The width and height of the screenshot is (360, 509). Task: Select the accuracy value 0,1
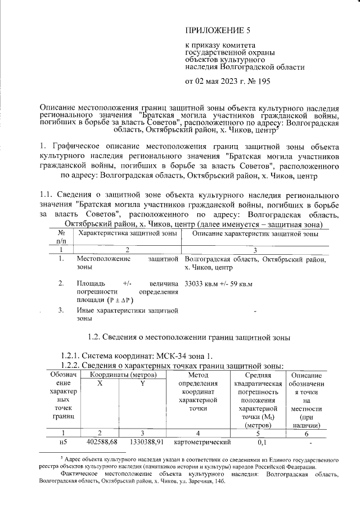[262, 442]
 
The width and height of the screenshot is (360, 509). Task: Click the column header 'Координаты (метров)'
[122, 375]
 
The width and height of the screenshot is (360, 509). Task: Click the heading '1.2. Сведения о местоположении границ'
[190, 337]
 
